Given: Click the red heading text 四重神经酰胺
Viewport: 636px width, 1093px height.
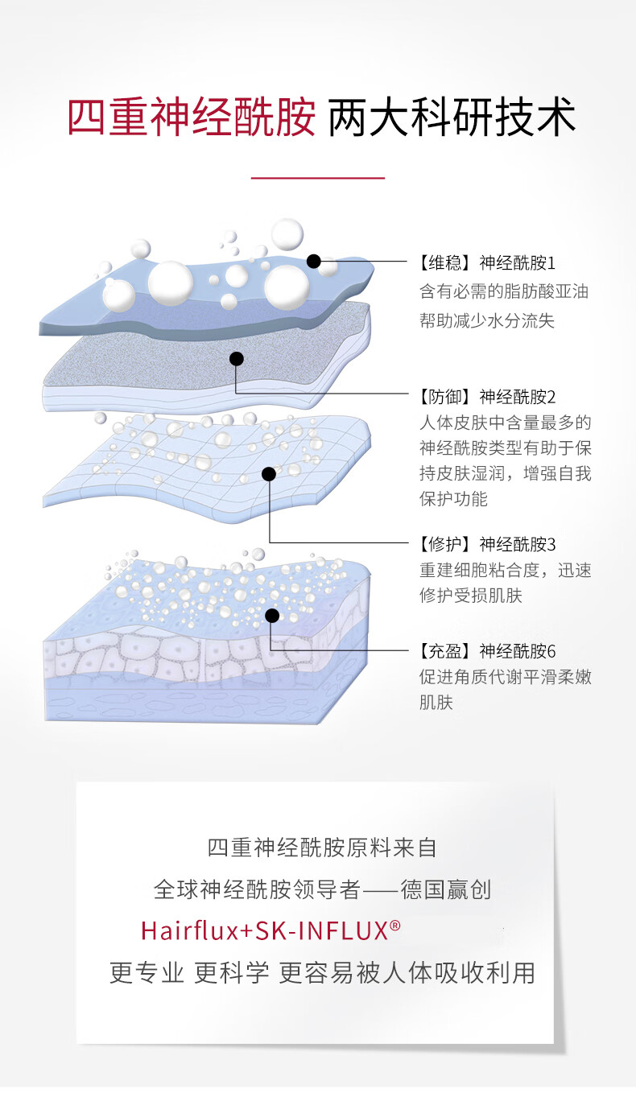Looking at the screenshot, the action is [191, 118].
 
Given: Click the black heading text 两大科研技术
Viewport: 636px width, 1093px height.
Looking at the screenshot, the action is [452, 118].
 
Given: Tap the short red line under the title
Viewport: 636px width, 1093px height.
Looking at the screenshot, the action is [317, 177].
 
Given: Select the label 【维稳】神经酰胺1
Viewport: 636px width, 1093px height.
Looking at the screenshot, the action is [487, 262].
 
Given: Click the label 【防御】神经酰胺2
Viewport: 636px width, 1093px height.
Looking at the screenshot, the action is [487, 396].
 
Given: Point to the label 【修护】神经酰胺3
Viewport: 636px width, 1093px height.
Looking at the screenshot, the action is [487, 544].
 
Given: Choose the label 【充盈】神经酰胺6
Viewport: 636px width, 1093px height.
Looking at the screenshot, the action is [487, 650].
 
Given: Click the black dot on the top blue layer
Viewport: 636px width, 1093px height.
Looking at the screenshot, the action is [313, 261].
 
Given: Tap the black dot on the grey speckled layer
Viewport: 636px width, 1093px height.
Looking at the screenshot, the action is [236, 359].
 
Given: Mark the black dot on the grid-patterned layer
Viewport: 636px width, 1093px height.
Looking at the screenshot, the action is [269, 474].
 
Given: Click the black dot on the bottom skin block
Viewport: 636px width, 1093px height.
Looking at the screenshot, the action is [272, 616].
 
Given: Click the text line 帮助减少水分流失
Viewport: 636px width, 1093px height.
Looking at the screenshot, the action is [487, 320].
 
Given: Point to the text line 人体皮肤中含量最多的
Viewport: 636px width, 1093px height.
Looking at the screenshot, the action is [505, 423].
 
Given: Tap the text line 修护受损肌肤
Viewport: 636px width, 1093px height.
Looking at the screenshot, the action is [471, 596].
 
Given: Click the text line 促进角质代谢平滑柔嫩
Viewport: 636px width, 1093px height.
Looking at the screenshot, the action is [505, 677].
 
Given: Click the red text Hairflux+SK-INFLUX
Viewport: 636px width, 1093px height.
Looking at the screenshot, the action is [265, 930].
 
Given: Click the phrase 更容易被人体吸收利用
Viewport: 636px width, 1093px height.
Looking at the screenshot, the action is [407, 972].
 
